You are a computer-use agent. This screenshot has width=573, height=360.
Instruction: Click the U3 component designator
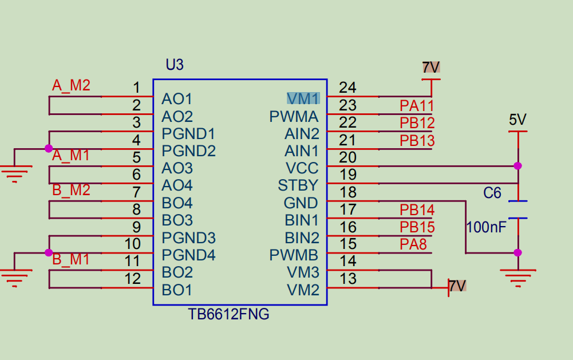(175, 65)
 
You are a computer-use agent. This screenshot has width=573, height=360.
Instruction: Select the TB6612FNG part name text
(228, 314)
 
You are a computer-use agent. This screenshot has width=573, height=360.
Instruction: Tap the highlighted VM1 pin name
(303, 98)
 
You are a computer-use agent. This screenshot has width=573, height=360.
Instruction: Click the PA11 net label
(416, 105)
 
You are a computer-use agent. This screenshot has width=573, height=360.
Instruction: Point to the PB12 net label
(417, 123)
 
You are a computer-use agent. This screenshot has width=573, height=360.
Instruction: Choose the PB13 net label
(417, 141)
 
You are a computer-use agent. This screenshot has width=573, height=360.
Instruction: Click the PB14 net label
(417, 210)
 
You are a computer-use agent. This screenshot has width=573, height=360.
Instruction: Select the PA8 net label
(413, 245)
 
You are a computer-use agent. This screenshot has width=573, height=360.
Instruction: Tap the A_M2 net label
(71, 86)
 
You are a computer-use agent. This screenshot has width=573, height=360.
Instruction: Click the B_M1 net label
(71, 259)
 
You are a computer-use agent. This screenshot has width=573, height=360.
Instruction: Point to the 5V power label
(517, 120)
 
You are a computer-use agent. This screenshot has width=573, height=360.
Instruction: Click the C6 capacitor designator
(492, 193)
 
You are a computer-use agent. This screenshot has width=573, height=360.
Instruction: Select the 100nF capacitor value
(486, 227)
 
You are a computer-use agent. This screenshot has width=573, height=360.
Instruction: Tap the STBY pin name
(298, 185)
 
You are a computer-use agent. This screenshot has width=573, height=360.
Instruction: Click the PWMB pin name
(294, 255)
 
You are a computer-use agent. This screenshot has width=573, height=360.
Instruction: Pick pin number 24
(347, 88)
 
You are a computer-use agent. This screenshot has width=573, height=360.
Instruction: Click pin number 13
(347, 279)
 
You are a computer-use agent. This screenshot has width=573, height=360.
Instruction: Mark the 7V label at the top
(430, 68)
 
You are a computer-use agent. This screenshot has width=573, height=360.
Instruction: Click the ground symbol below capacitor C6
(517, 278)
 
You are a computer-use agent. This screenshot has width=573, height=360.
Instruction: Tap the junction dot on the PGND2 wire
(49, 149)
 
